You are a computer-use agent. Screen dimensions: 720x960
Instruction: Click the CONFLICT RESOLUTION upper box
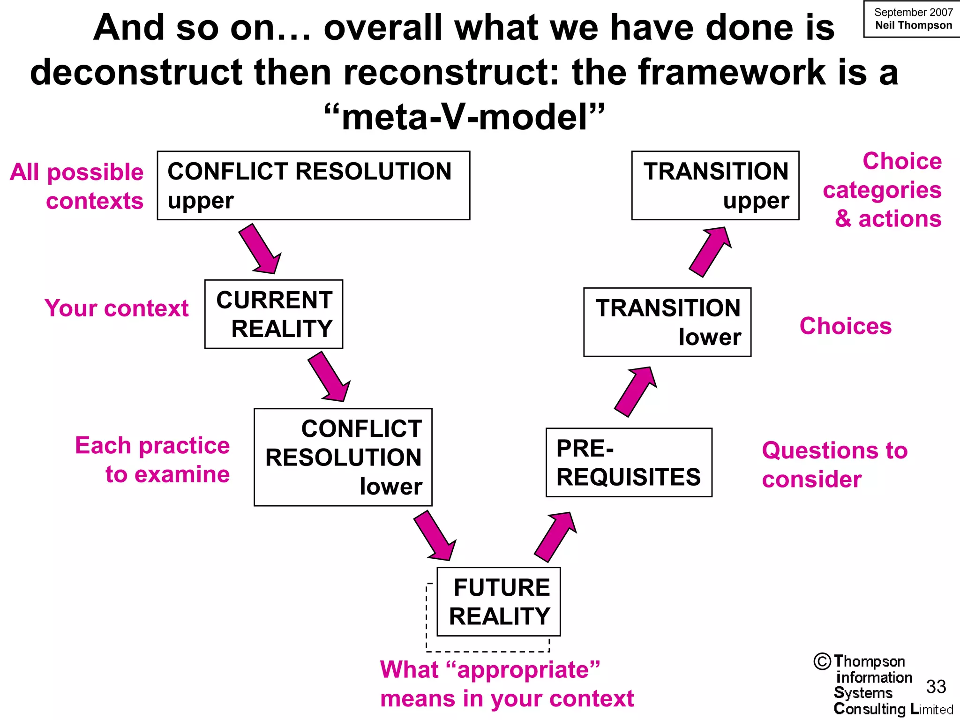pyautogui.click(x=313, y=185)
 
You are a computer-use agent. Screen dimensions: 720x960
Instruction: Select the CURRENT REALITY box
pyautogui.click(x=274, y=314)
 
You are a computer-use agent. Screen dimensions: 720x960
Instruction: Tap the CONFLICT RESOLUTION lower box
pyautogui.click(x=343, y=457)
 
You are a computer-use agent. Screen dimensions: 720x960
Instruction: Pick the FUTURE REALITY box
pyautogui.click(x=498, y=601)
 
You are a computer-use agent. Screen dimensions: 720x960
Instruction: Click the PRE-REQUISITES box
pyautogui.click(x=629, y=462)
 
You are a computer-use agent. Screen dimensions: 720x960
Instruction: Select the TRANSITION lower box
pyautogui.click(x=667, y=322)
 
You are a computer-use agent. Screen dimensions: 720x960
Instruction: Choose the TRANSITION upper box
pyautogui.click(x=715, y=185)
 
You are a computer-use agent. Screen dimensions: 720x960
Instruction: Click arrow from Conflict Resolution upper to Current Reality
pyautogui.click(x=260, y=249)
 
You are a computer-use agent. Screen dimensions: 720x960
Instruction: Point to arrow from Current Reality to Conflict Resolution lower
pyautogui.click(x=329, y=377)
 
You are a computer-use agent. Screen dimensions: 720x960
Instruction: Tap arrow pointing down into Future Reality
pyautogui.click(x=435, y=536)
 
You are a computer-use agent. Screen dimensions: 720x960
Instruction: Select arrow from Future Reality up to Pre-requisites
pyautogui.click(x=555, y=537)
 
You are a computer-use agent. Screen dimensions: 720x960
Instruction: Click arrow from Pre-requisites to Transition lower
pyautogui.click(x=636, y=391)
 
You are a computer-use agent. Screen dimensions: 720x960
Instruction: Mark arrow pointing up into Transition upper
pyautogui.click(x=710, y=252)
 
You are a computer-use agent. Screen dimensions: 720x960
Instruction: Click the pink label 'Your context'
pyautogui.click(x=116, y=308)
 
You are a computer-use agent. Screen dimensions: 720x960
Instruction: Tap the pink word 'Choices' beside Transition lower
pyautogui.click(x=845, y=326)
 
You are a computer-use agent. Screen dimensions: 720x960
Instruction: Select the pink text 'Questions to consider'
pyautogui.click(x=834, y=465)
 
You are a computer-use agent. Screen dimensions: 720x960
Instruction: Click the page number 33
pyautogui.click(x=936, y=687)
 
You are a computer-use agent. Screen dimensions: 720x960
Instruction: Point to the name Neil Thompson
pyautogui.click(x=913, y=25)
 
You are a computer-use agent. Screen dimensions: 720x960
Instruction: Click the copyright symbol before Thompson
pyautogui.click(x=822, y=661)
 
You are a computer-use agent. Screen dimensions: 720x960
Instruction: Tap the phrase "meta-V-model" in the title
pyautogui.click(x=464, y=117)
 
